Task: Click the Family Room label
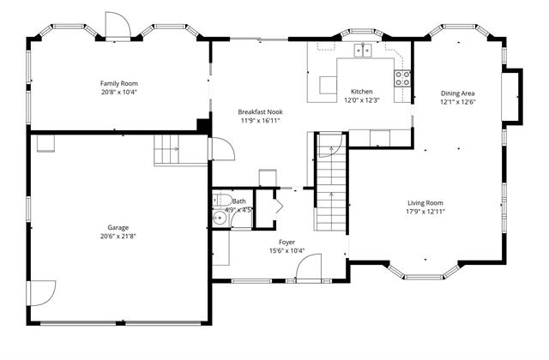[119, 83]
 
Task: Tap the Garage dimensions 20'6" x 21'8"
[118, 237]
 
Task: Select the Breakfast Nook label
[260, 112]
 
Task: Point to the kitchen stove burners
[402, 79]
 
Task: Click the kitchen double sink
[362, 51]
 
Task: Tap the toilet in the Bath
[221, 200]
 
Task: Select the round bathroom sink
[220, 218]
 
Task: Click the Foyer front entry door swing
[309, 268]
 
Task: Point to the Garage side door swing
[43, 293]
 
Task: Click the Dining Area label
[457, 93]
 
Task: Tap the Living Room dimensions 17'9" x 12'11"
[425, 212]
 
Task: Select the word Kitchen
[362, 92]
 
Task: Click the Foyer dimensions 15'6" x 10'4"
[287, 250]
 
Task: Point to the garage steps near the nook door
[166, 149]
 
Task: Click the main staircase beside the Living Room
[332, 182]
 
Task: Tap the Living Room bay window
[424, 273]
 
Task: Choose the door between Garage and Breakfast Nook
[222, 149]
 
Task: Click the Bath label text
[238, 201]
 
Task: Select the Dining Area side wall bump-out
[512, 96]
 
